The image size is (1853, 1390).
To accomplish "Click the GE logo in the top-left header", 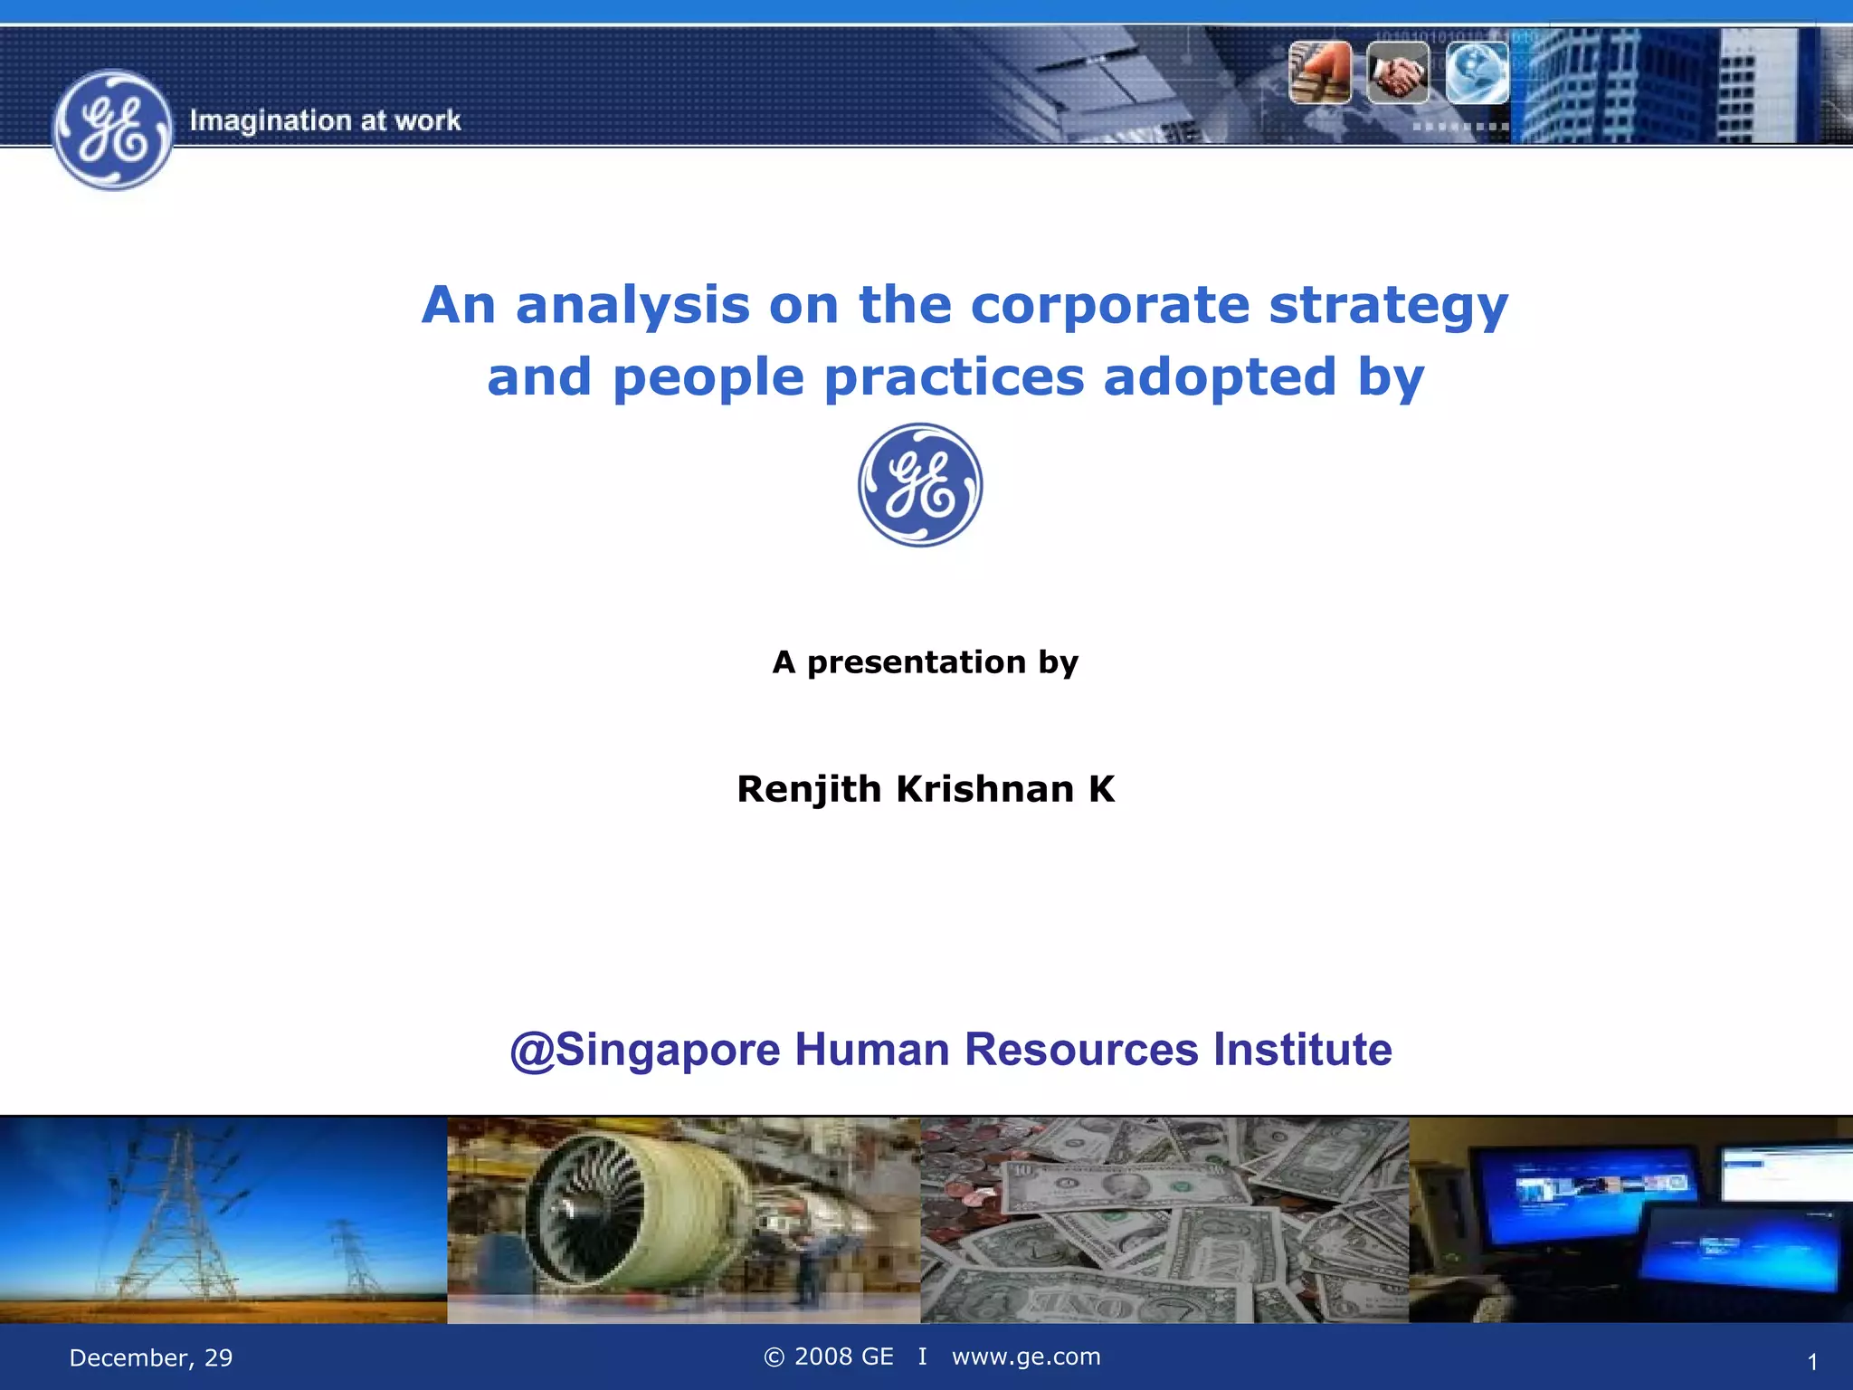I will pyautogui.click(x=112, y=130).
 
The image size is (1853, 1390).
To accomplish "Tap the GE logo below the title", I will pyautogui.click(x=920, y=485).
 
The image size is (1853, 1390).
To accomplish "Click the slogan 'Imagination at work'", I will pyautogui.click(x=325, y=120).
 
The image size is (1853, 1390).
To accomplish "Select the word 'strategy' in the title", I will pyautogui.click(x=1388, y=306).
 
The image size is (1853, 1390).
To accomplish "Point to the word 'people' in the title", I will pyautogui.click(x=708, y=377).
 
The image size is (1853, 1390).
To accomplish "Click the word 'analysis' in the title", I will pyautogui.click(x=632, y=306).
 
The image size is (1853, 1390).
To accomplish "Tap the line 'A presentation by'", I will pyautogui.click(x=925, y=662).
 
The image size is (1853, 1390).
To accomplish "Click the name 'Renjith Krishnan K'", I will pyautogui.click(x=926, y=789).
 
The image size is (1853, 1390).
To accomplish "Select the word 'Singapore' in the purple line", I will pyautogui.click(x=668, y=1051).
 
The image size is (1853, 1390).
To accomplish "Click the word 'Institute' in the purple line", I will pyautogui.click(x=1302, y=1050).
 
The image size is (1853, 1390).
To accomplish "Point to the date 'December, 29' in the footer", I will pyautogui.click(x=151, y=1357).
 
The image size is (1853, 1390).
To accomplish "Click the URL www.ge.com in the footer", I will pyautogui.click(x=1026, y=1357).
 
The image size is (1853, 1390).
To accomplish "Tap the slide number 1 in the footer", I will pyautogui.click(x=1811, y=1362).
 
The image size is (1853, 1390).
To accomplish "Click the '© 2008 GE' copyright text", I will pyautogui.click(x=828, y=1357).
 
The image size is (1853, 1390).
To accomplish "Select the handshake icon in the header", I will pyautogui.click(x=1397, y=72).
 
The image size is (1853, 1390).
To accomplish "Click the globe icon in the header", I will pyautogui.click(x=1476, y=72).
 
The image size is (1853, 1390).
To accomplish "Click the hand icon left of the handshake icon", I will pyautogui.click(x=1320, y=72).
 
